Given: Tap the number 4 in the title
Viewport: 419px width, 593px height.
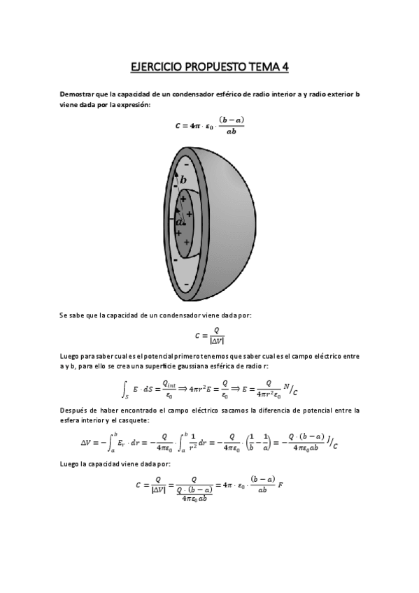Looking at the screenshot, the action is click(x=285, y=67).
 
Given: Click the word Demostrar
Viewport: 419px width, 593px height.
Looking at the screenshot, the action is click(x=76, y=94).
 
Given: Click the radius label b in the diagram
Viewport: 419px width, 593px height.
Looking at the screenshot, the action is click(x=184, y=180).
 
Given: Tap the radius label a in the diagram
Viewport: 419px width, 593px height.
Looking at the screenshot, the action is click(x=179, y=222).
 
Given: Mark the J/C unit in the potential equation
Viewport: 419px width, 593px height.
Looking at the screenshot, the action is click(x=331, y=443).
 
